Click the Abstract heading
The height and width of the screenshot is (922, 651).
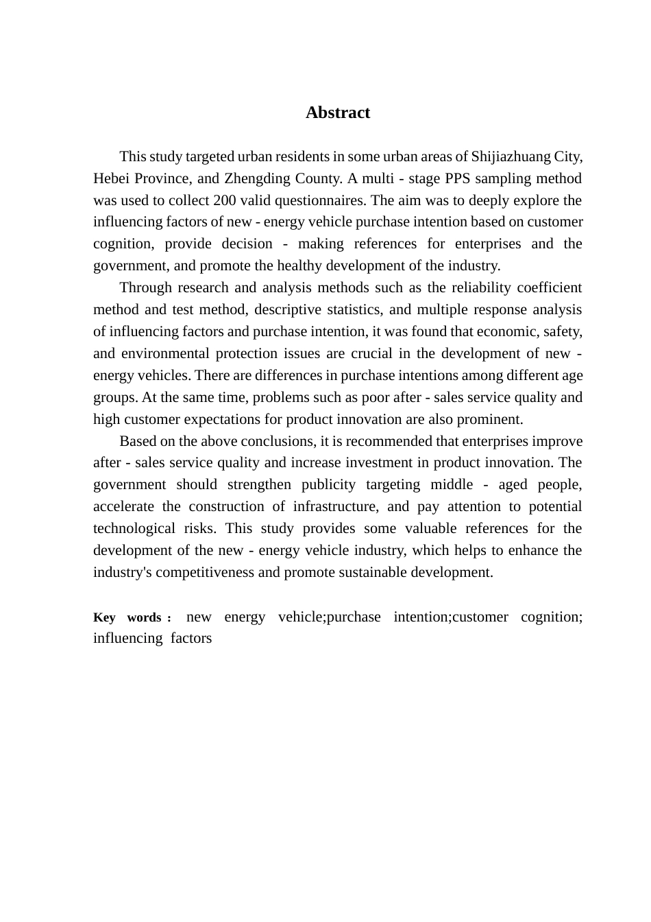(x=337, y=113)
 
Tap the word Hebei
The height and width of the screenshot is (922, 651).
(x=112, y=178)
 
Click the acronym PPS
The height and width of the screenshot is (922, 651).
(x=458, y=178)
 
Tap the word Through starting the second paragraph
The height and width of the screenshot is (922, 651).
(x=143, y=287)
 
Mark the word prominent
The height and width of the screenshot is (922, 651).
(x=491, y=419)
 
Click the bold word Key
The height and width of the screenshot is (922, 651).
(x=104, y=617)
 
